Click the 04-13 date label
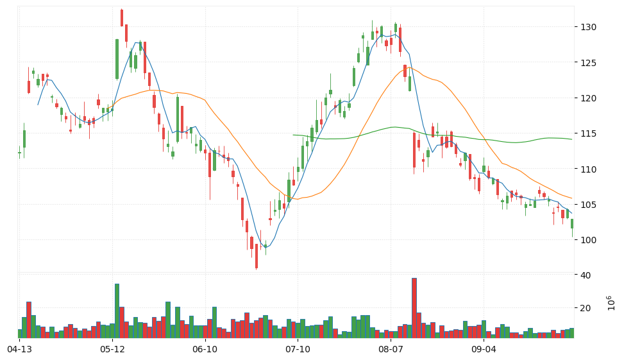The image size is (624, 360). (x=19, y=350)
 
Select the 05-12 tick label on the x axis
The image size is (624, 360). (x=112, y=350)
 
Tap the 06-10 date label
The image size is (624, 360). (x=205, y=350)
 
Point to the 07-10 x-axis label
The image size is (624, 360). (x=298, y=350)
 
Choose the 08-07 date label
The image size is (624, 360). (x=391, y=350)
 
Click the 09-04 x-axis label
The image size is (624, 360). (x=484, y=350)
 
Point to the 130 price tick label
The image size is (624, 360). (x=588, y=27)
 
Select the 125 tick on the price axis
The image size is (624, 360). (x=588, y=63)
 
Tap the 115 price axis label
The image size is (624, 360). (x=588, y=134)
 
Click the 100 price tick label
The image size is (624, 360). (x=588, y=240)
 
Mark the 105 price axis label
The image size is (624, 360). (x=588, y=205)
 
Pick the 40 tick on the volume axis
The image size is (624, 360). (x=586, y=275)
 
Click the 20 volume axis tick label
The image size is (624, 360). (x=586, y=308)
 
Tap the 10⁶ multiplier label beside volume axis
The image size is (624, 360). (x=611, y=303)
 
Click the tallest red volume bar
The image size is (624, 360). (x=414, y=308)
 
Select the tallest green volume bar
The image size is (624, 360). (x=117, y=311)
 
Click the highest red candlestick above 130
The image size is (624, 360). (x=122, y=18)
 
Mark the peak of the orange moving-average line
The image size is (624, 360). (x=409, y=67)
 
